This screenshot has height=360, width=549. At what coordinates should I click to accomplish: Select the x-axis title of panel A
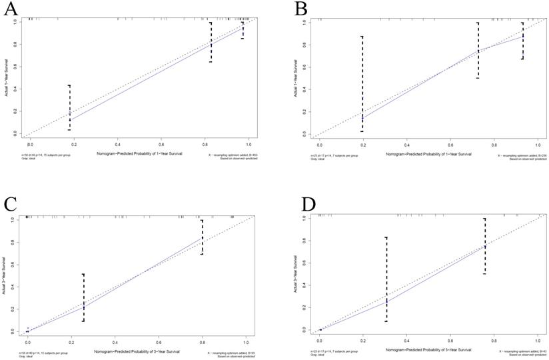point(136,155)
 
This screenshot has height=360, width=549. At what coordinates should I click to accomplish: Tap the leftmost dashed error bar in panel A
point(69,107)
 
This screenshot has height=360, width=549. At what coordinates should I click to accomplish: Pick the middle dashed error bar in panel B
point(478,51)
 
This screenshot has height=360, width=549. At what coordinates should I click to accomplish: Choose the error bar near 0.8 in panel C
point(201,237)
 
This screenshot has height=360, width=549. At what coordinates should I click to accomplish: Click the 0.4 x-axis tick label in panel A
point(118,145)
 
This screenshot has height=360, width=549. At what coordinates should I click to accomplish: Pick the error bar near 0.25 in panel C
point(83,297)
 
